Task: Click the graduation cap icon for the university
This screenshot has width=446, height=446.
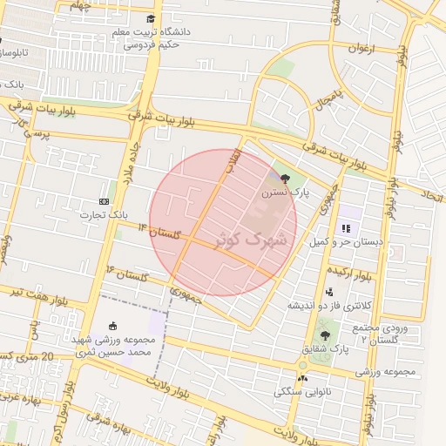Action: pos(152,19)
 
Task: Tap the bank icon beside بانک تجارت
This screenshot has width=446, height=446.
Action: pos(105,201)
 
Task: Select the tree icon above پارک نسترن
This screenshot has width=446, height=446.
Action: pos(285,178)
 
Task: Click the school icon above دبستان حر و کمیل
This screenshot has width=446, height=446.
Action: pos(345,228)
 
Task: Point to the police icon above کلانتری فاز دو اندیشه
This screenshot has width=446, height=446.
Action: pos(328,293)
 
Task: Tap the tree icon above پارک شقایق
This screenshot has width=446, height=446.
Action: pos(325,334)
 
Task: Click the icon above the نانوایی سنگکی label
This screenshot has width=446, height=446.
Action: pos(302,378)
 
